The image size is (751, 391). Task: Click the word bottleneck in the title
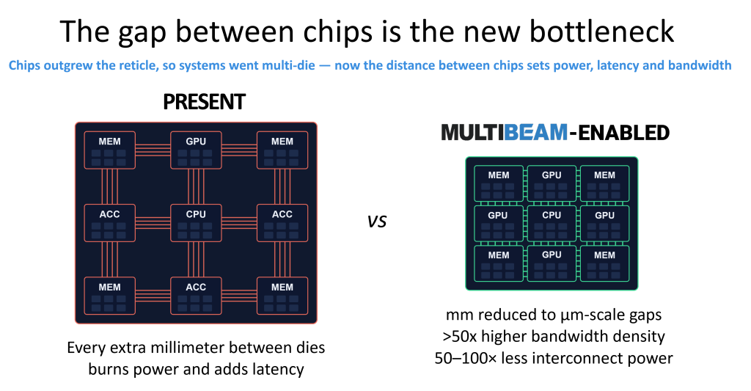point(601,32)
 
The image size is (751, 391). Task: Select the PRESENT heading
point(204,101)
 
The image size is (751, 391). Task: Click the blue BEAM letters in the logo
point(536,132)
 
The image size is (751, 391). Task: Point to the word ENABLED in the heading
point(624,132)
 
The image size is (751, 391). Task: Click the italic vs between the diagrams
point(377,222)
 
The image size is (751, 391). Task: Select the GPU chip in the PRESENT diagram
point(196,150)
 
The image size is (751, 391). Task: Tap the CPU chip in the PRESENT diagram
point(196,223)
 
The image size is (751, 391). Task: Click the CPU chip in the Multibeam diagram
point(552,223)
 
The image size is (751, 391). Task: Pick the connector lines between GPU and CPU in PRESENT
point(196,187)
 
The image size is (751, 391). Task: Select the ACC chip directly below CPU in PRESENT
point(196,296)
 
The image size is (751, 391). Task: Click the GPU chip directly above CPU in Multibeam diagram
point(552,183)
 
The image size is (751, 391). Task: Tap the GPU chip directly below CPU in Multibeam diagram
point(552,263)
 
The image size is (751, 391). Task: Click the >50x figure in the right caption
point(460,337)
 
